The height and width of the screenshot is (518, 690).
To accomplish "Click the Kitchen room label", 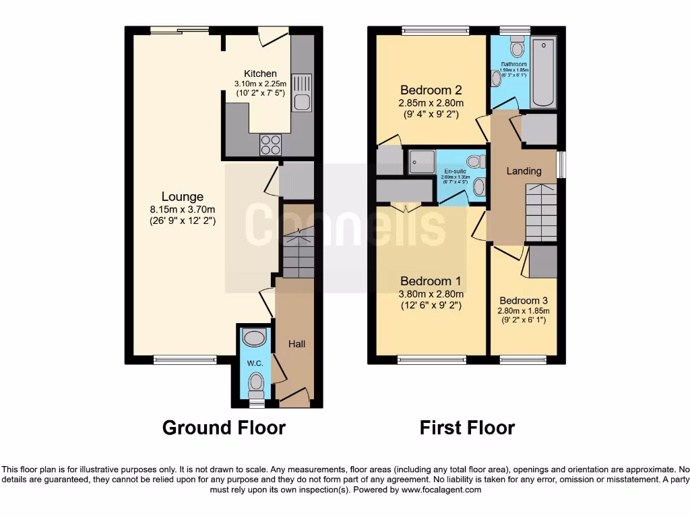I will (260, 74).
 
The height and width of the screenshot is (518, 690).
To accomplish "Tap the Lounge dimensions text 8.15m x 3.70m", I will (182, 209).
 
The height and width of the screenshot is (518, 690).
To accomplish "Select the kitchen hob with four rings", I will (271, 145).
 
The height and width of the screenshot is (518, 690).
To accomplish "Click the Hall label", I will (296, 344).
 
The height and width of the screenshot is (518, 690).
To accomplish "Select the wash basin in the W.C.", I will (255, 338).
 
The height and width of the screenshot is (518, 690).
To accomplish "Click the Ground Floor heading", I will (224, 428).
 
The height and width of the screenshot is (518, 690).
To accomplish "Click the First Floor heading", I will (467, 428).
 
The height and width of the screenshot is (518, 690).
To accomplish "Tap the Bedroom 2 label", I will (431, 90).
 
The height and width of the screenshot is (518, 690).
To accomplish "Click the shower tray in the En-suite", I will (422, 162).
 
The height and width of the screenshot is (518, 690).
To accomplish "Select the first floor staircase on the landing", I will (540, 212).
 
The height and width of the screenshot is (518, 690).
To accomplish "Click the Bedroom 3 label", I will (524, 301).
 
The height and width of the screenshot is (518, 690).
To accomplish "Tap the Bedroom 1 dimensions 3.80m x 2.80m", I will (431, 294).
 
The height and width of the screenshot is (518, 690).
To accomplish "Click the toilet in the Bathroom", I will (517, 47).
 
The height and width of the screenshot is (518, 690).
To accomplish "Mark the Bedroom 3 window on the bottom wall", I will (523, 359).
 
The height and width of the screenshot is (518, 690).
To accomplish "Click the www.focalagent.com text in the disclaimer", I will (441, 490).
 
